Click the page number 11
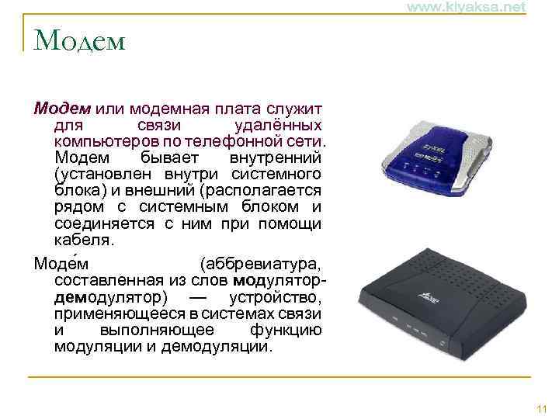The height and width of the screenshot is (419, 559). [541, 409]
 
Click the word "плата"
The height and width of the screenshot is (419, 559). [223, 107]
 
